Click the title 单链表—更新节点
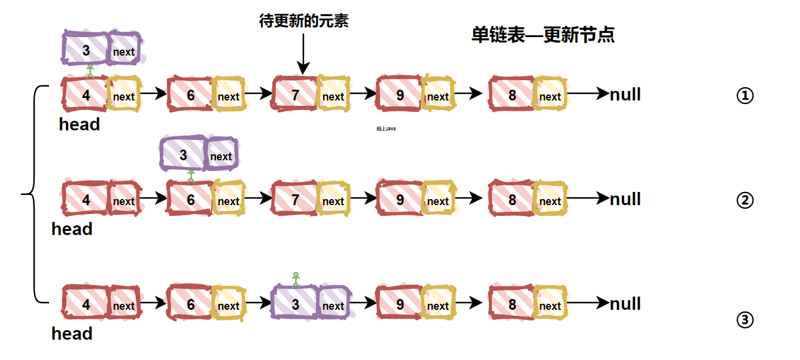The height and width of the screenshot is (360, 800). (543, 35)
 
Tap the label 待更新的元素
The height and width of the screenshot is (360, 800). (303, 22)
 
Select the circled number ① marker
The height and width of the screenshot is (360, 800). (744, 96)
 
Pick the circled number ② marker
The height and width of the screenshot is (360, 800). (744, 200)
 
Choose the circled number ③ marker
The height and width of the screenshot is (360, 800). (744, 321)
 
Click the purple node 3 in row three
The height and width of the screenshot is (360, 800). (295, 304)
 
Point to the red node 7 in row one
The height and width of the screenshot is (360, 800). (295, 95)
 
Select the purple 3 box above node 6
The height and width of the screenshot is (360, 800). (184, 154)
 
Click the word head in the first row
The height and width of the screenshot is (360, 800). (80, 125)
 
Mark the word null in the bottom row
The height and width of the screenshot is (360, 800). (625, 304)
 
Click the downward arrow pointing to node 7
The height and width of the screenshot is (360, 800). (303, 54)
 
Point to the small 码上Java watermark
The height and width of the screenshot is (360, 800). (386, 128)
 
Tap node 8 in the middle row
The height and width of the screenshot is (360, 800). (512, 199)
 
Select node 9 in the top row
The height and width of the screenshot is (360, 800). (400, 95)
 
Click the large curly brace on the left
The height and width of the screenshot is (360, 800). (33, 194)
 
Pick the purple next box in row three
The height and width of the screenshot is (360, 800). (333, 304)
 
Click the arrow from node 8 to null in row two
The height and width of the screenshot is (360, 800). (588, 199)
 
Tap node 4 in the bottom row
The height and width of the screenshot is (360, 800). (86, 304)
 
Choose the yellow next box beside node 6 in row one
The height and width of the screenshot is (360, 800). (229, 96)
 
